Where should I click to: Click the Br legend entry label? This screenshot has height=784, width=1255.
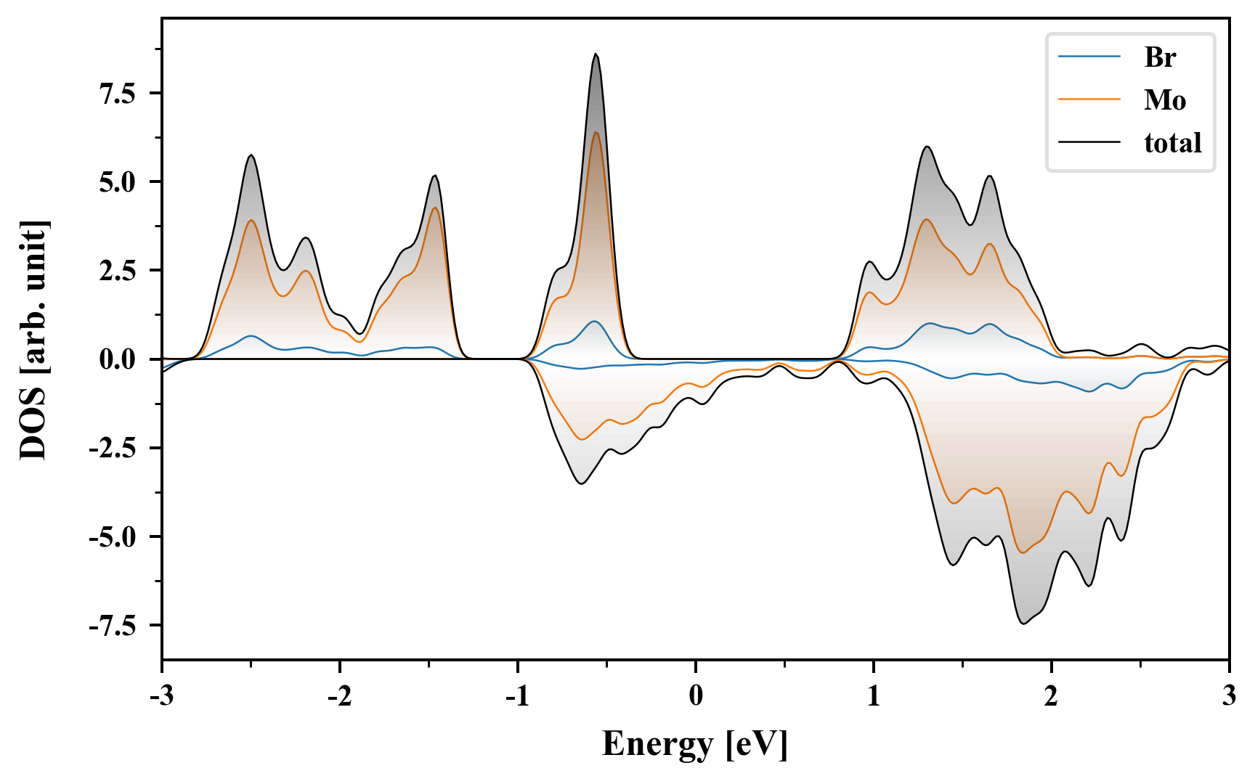[x=1160, y=57]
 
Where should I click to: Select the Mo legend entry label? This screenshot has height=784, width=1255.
[x=1165, y=100]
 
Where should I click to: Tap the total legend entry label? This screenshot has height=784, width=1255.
[x=1173, y=143]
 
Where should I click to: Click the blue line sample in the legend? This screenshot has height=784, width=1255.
[x=1089, y=57]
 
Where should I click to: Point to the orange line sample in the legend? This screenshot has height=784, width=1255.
[x=1089, y=100]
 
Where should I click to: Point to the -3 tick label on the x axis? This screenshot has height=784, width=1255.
[x=161, y=696]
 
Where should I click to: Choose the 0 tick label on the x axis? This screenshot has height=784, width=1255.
[x=696, y=696]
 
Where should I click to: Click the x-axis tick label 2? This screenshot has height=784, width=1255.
[x=1051, y=696]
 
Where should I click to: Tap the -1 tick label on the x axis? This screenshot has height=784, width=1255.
[x=517, y=696]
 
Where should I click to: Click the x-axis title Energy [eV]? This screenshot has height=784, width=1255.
[x=695, y=744]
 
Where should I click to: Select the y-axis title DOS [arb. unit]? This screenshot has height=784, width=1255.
[x=33, y=339]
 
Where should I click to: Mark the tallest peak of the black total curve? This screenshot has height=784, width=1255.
[x=596, y=54]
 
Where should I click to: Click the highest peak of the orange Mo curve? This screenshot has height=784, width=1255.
[x=596, y=132]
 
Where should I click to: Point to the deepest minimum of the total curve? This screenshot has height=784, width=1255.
[x=1023, y=624]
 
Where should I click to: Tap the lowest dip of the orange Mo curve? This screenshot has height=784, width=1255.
[x=1023, y=553]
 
